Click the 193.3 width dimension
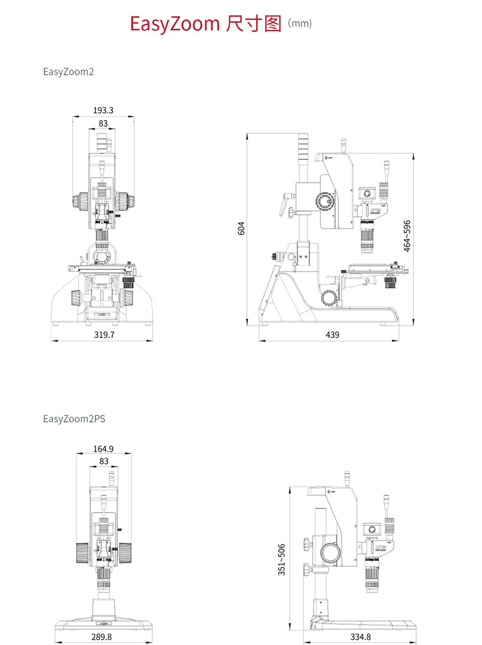coord(103,110)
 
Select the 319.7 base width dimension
coord(104,335)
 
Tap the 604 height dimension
coord(241,228)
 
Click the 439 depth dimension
coord(332,335)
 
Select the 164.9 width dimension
coord(103,449)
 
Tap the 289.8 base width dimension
coord(102,637)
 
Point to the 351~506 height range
coord(282,560)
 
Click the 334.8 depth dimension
coord(360,637)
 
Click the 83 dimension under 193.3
coord(103,123)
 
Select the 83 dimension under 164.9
coord(103,461)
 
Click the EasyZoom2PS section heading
coord(74,419)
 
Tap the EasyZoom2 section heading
coord(69,71)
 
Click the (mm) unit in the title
coord(299,24)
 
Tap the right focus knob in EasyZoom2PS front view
coord(125,552)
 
